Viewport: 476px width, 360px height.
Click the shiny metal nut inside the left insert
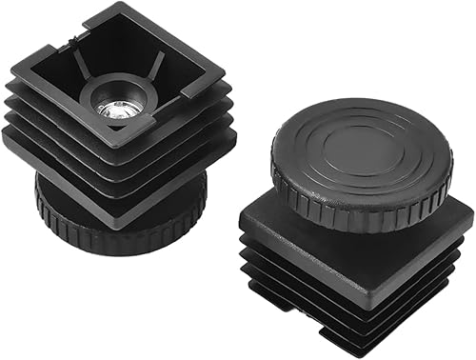(x=115, y=110)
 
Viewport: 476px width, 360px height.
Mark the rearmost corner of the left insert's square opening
(x=118, y=8)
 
